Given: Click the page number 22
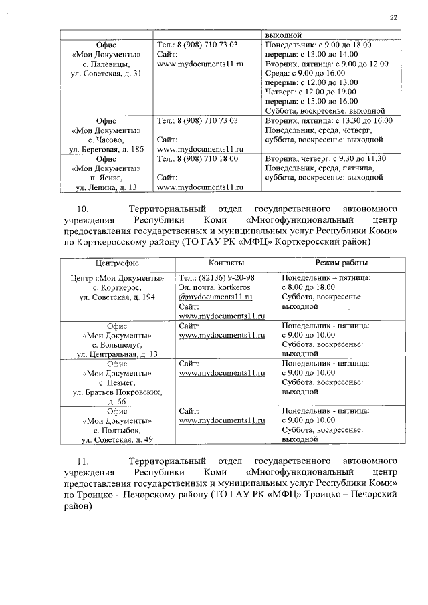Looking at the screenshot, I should point(393,18).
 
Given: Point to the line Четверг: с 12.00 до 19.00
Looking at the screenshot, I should point(312,92).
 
